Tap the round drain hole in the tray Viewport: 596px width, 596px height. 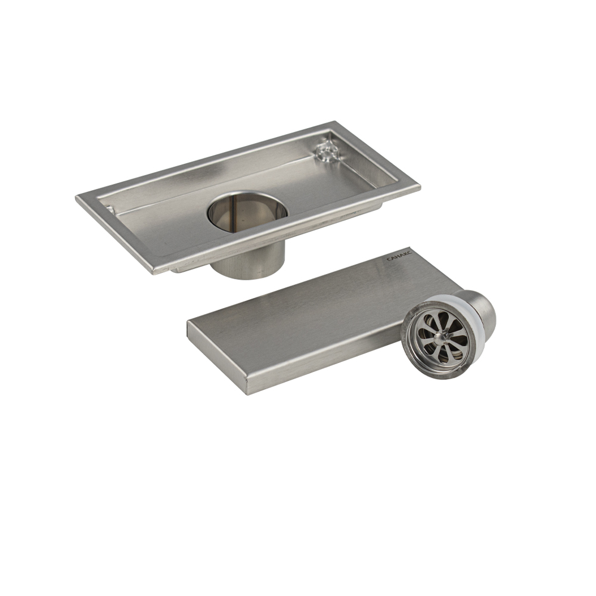[247, 212]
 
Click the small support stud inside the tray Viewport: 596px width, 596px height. [327, 151]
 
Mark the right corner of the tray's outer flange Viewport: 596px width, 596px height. [420, 187]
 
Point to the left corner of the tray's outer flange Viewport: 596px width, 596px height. [76, 197]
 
